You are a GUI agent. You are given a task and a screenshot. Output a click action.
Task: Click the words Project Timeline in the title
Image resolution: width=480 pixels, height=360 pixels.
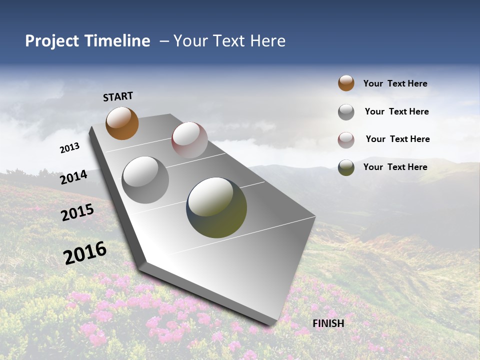point(87,41)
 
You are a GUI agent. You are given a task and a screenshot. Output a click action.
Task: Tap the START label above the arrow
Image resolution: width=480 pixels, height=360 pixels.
point(118,96)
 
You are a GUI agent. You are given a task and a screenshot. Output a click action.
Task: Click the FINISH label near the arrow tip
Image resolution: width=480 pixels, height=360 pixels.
point(328,323)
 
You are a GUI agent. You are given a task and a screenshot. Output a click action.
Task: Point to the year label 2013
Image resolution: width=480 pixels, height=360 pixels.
point(69,148)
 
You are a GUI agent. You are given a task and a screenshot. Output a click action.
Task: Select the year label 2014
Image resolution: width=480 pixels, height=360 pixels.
point(73,177)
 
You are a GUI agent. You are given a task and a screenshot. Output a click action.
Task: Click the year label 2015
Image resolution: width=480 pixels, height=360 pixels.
point(77,212)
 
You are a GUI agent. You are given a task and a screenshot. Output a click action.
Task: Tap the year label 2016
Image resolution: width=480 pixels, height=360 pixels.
point(85,253)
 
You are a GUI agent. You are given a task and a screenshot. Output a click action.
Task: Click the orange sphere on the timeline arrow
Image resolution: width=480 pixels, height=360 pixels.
point(122,123)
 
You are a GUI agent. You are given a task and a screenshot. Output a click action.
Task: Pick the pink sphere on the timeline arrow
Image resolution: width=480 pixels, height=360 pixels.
point(189,140)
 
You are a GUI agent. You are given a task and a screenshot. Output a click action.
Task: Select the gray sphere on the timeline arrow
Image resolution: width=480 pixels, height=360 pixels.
point(145,179)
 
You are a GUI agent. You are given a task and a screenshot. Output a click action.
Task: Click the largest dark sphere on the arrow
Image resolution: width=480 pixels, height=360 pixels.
point(216,207)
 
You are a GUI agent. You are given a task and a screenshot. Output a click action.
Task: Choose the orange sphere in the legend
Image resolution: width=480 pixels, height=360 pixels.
point(346,83)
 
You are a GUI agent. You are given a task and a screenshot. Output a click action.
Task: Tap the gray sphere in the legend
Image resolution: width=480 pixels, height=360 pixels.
point(346,112)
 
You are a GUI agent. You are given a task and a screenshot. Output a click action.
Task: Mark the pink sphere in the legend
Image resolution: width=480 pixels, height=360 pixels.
point(346,140)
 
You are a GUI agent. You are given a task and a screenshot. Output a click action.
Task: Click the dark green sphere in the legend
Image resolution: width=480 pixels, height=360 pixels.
point(346,167)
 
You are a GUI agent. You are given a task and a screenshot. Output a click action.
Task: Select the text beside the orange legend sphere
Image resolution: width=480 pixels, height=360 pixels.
point(395,83)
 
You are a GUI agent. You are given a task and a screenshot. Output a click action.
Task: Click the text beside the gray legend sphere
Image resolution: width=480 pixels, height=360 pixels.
point(396,111)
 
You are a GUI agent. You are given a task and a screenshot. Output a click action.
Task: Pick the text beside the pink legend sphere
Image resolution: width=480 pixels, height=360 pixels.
point(397,139)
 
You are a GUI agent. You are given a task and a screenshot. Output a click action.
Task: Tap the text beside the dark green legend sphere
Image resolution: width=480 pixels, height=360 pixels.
point(395,167)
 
